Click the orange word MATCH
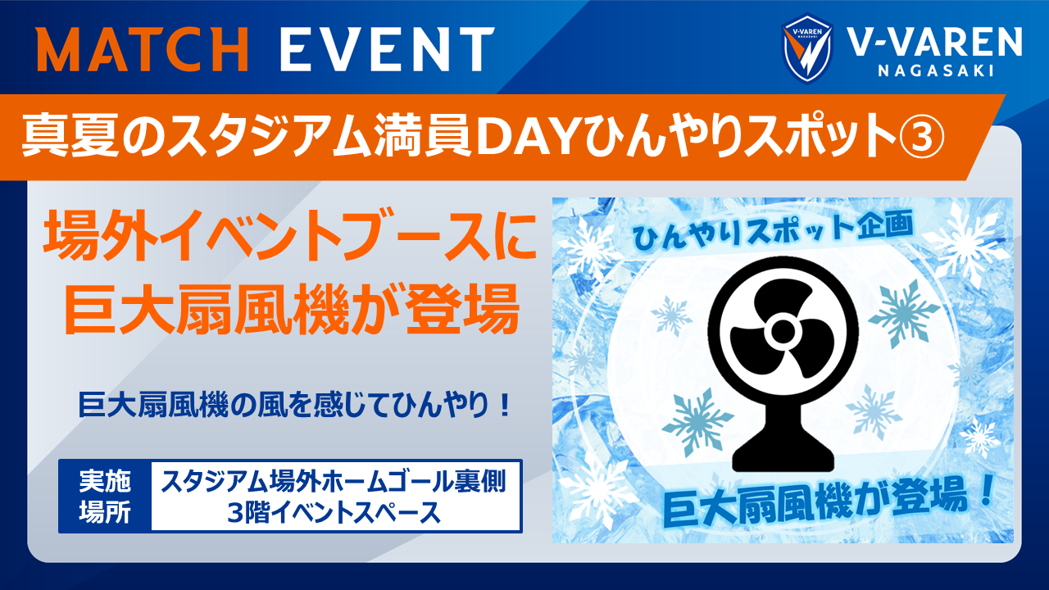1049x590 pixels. pyautogui.click(x=143, y=49)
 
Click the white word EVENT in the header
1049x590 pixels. pyautogui.click(x=388, y=49)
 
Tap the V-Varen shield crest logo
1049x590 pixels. pyautogui.click(x=807, y=48)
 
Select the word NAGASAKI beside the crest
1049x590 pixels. pyautogui.click(x=935, y=70)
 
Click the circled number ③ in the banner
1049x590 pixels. pyautogui.click(x=920, y=138)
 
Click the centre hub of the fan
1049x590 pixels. pyautogui.click(x=780, y=332)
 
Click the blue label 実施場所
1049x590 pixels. pyautogui.click(x=104, y=497)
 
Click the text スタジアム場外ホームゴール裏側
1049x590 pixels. pyautogui.click(x=334, y=482)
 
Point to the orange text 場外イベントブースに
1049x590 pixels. pyautogui.click(x=290, y=237)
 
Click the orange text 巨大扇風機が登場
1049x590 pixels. pyautogui.click(x=292, y=308)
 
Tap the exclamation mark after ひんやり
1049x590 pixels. pyautogui.click(x=504, y=406)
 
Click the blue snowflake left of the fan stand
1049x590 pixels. pyautogui.click(x=697, y=422)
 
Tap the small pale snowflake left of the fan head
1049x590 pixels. pyautogui.click(x=671, y=315)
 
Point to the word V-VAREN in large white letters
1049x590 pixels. pyautogui.click(x=935, y=42)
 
